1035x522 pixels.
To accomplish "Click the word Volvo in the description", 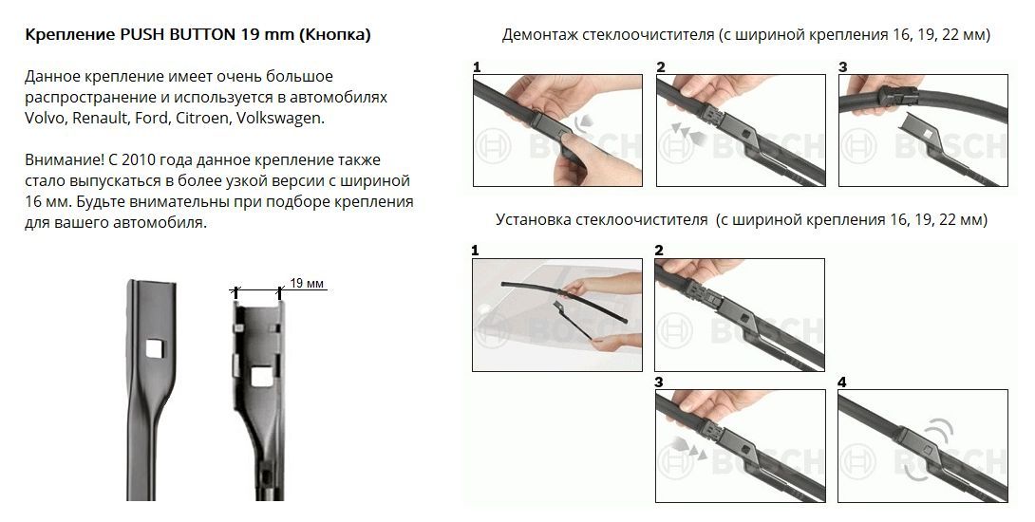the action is tap(46, 118).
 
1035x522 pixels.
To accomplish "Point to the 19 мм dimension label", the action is tap(307, 283).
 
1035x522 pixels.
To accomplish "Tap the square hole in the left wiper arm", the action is tap(155, 347).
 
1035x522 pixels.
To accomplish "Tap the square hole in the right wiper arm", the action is tap(260, 376).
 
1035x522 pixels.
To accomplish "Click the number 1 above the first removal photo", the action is tap(477, 67).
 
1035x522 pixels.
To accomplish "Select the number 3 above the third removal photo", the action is tap(843, 67).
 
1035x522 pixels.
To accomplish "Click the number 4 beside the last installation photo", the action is tap(841, 382).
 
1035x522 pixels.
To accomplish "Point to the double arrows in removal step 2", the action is tap(687, 132).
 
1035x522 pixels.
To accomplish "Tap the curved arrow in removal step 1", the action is tap(581, 122).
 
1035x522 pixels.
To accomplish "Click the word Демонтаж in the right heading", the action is tap(540, 34).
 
